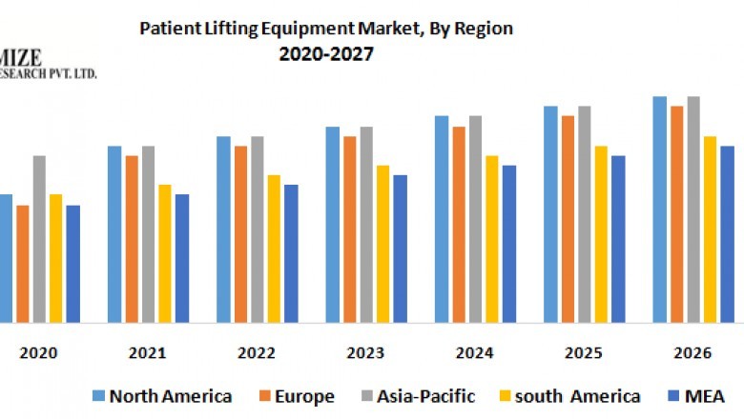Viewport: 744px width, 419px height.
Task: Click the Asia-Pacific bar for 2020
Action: (x=39, y=238)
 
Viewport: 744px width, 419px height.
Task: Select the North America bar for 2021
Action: (x=114, y=234)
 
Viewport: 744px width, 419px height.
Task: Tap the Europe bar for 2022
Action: (x=241, y=234)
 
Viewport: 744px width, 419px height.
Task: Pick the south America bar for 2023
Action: (x=382, y=244)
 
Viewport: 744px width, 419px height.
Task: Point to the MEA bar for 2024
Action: (x=509, y=244)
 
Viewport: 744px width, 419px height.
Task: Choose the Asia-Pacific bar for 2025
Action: (x=584, y=214)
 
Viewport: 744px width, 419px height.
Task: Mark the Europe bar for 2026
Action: (x=676, y=214)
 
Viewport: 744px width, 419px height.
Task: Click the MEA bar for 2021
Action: (x=182, y=258)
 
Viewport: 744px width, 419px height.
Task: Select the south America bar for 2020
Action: (x=55, y=258)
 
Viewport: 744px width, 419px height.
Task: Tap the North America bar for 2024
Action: (x=442, y=219)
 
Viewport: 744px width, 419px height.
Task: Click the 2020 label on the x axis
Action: (x=38, y=352)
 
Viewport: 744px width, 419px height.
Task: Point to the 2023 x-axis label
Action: (x=365, y=352)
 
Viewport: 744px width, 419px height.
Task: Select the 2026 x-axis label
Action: (x=692, y=352)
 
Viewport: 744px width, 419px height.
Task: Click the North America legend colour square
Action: (x=98, y=396)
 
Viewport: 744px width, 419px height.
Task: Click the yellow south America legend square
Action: (x=505, y=396)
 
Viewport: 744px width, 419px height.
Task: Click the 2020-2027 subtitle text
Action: (x=326, y=54)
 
